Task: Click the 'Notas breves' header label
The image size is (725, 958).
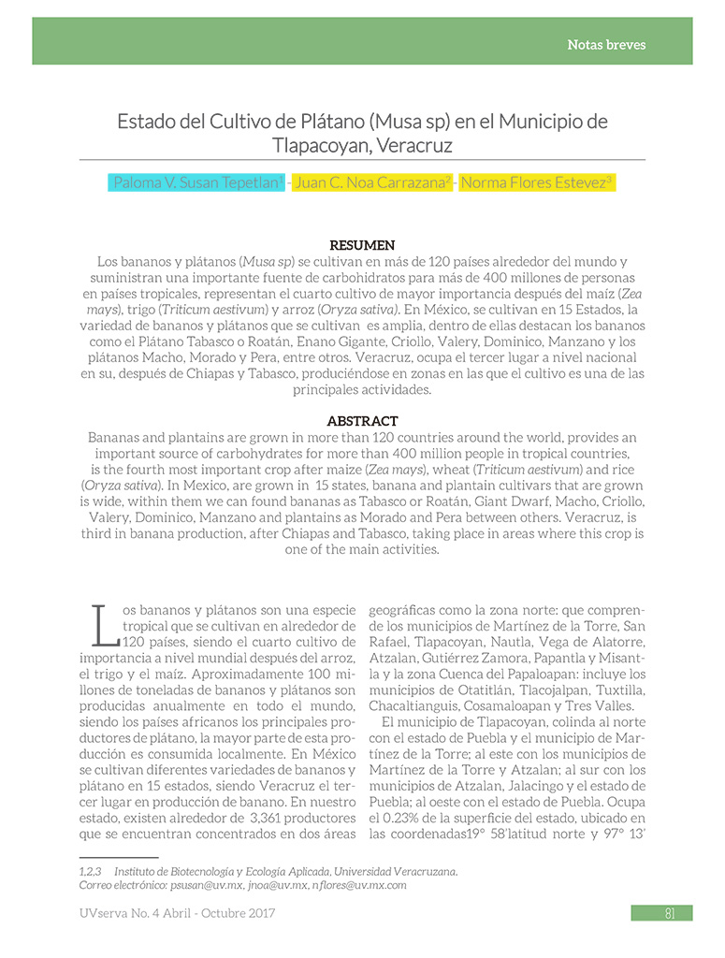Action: [606, 44]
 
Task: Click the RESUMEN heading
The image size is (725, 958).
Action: [362, 245]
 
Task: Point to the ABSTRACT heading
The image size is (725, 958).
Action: [362, 421]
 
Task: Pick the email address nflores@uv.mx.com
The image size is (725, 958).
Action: [359, 884]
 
